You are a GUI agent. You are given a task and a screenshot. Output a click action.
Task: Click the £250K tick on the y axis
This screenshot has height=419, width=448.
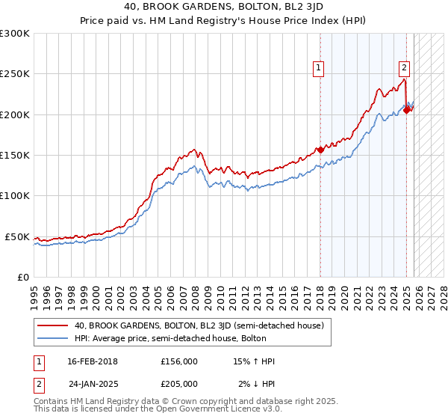pyautogui.click(x=15, y=74)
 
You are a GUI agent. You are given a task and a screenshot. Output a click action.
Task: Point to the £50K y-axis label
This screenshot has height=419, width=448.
pyautogui.click(x=17, y=236)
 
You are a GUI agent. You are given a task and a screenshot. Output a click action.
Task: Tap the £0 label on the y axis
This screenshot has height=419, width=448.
pyautogui.click(x=22, y=277)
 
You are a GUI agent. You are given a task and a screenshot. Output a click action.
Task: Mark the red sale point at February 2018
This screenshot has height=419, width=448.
pyautogui.click(x=320, y=150)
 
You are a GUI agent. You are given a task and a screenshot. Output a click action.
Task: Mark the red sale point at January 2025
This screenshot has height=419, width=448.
pyautogui.click(x=406, y=110)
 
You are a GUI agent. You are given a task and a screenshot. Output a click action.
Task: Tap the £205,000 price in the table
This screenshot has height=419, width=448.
pyautogui.click(x=179, y=383)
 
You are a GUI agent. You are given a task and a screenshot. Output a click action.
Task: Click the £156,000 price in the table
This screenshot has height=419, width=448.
pyautogui.click(x=179, y=361)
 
